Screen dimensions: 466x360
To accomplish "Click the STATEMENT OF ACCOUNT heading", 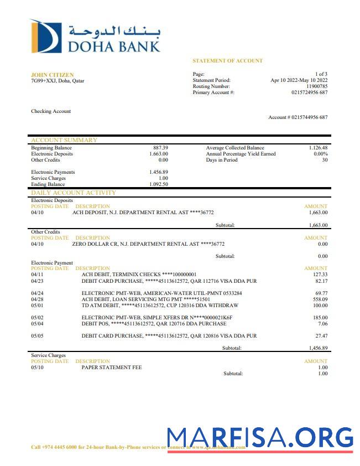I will pyautogui.click(x=227, y=61).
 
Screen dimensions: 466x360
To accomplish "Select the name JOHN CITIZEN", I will pyautogui.click(x=52, y=75).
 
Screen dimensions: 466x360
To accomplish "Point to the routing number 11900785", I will pyautogui.click(x=316, y=86).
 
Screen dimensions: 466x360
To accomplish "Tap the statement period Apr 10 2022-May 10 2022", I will pyautogui.click(x=299, y=80).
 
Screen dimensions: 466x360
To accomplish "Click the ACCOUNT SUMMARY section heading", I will pyautogui.click(x=64, y=140).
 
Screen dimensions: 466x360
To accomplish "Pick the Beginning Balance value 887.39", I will pyautogui.click(x=160, y=148).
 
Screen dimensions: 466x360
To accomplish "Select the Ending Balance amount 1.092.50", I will pyautogui.click(x=159, y=184).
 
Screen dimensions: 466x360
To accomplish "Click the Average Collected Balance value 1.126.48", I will pyautogui.click(x=318, y=148).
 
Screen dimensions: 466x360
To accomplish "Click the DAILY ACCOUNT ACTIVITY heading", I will pyautogui.click(x=74, y=193).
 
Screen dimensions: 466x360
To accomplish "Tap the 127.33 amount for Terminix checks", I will pyautogui.click(x=320, y=274).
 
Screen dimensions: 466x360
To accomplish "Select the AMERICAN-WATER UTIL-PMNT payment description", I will pyautogui.click(x=161, y=293).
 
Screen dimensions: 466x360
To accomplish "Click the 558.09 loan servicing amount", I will pyautogui.click(x=320, y=299).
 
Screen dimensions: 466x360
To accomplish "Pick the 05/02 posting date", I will pyautogui.click(x=37, y=317).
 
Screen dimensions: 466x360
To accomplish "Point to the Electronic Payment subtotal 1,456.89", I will pyautogui.click(x=318, y=348).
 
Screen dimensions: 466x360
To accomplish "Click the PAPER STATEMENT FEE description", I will pyautogui.click(x=111, y=367).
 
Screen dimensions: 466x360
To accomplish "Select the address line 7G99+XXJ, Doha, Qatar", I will pyautogui.click(x=58, y=81).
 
